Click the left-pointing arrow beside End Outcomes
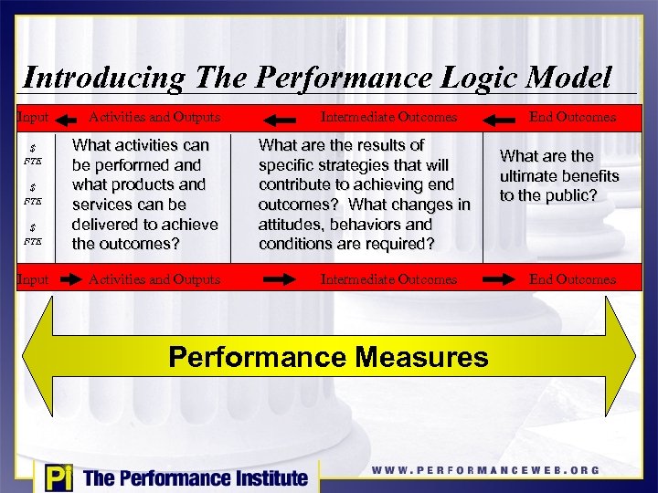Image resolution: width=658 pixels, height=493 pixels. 501,117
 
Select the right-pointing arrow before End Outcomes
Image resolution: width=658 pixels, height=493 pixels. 501,279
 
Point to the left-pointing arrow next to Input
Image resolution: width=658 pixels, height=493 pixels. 66,117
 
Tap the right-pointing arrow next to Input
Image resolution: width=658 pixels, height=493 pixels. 66,279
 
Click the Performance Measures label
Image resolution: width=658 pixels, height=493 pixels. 329,357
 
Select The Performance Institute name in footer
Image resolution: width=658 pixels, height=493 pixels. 196,477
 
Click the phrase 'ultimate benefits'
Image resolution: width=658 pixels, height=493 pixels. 559,176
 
